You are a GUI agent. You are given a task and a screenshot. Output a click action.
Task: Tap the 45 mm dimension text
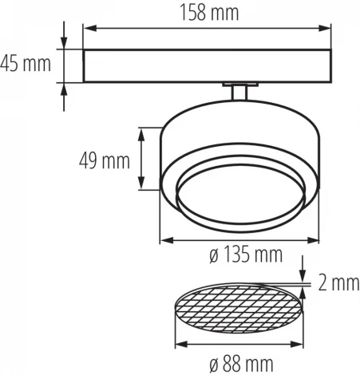(x=28, y=62)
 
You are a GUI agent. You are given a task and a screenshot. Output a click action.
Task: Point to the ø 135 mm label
(x=245, y=255)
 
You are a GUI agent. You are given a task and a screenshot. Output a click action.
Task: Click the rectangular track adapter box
(x=208, y=65)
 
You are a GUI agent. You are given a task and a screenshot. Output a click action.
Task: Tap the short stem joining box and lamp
(x=236, y=92)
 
